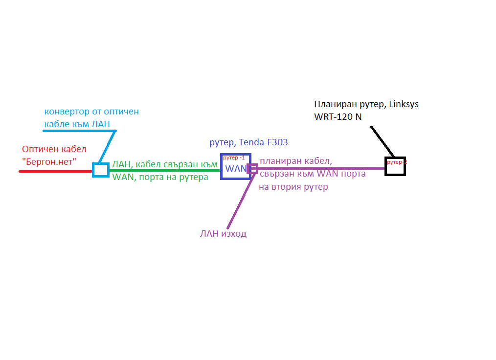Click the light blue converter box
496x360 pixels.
(101, 170)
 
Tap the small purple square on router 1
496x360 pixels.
(252, 169)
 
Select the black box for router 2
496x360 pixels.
(395, 166)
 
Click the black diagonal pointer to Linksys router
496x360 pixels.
(383, 142)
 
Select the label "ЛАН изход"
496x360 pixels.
(223, 234)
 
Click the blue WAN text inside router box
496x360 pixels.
(235, 169)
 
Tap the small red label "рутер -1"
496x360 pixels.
(234, 158)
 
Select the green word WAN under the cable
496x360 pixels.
(123, 177)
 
